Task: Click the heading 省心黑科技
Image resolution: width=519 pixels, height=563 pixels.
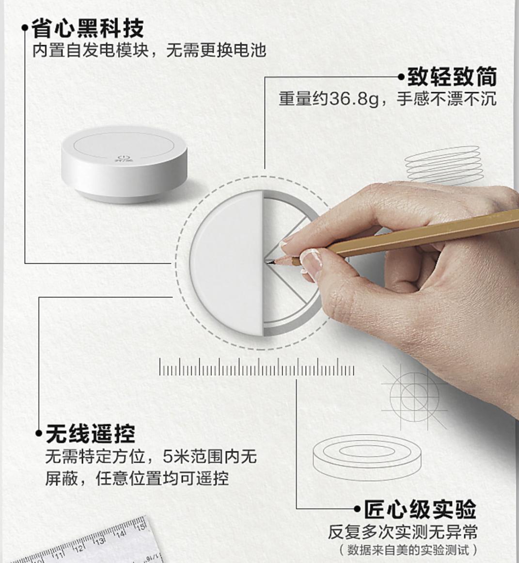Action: pyautogui.click(x=88, y=28)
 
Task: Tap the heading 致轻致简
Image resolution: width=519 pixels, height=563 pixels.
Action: pyautogui.click(x=452, y=77)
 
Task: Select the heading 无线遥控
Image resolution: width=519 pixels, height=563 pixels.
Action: pyautogui.click(x=90, y=433)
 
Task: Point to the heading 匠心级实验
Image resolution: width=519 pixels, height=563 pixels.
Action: pyautogui.click(x=420, y=510)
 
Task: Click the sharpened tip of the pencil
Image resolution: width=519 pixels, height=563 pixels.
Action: pyautogui.click(x=267, y=262)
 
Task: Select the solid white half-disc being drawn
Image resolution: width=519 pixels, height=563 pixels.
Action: pyautogui.click(x=226, y=262)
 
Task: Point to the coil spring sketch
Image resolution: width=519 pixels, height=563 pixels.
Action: pyautogui.click(x=442, y=163)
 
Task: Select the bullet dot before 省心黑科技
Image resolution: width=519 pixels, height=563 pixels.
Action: pyautogui.click(x=25, y=29)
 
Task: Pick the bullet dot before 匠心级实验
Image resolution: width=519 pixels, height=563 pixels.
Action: pyautogui.click(x=359, y=509)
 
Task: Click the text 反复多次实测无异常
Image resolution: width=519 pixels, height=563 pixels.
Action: pyautogui.click(x=402, y=531)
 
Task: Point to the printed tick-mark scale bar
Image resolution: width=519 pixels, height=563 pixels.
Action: pyautogui.click(x=257, y=369)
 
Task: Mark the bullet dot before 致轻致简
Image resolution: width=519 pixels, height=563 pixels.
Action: pyautogui.click(x=401, y=77)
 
